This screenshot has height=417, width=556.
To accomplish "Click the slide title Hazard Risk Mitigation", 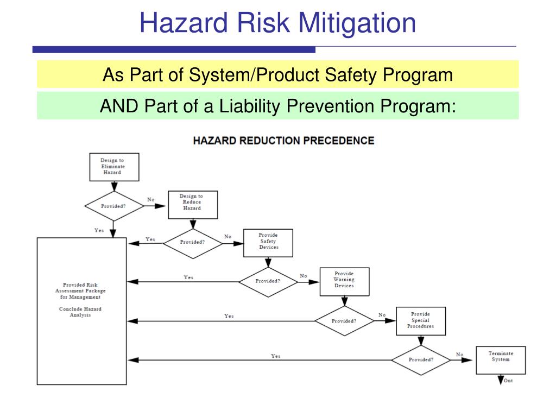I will tap(277, 23).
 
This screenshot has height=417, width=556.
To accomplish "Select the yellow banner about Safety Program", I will tap(277, 74).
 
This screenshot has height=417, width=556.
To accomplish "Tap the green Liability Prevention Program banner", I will tap(277, 105).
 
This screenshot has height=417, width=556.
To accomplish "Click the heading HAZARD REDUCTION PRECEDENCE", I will tap(283, 141).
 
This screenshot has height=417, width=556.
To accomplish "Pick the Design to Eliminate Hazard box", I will tap(113, 167).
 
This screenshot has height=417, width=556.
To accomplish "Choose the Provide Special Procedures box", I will tap(420, 321).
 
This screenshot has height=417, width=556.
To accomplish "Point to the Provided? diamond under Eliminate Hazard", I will tap(113, 206).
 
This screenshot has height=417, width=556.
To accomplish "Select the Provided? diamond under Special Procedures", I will tap(421, 359).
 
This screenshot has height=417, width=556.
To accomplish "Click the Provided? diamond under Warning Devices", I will tap(344, 321).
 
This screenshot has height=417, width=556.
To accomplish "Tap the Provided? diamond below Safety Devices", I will tap(268, 281).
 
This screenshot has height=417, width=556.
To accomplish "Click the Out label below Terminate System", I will tap(508, 381).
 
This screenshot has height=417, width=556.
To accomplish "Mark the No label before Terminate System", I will tap(460, 355).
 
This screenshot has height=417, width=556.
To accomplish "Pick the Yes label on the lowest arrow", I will tap(276, 356).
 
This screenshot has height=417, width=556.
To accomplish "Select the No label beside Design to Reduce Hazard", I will tap(150, 200).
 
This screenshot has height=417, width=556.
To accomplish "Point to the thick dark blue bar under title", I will tap(174, 49).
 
